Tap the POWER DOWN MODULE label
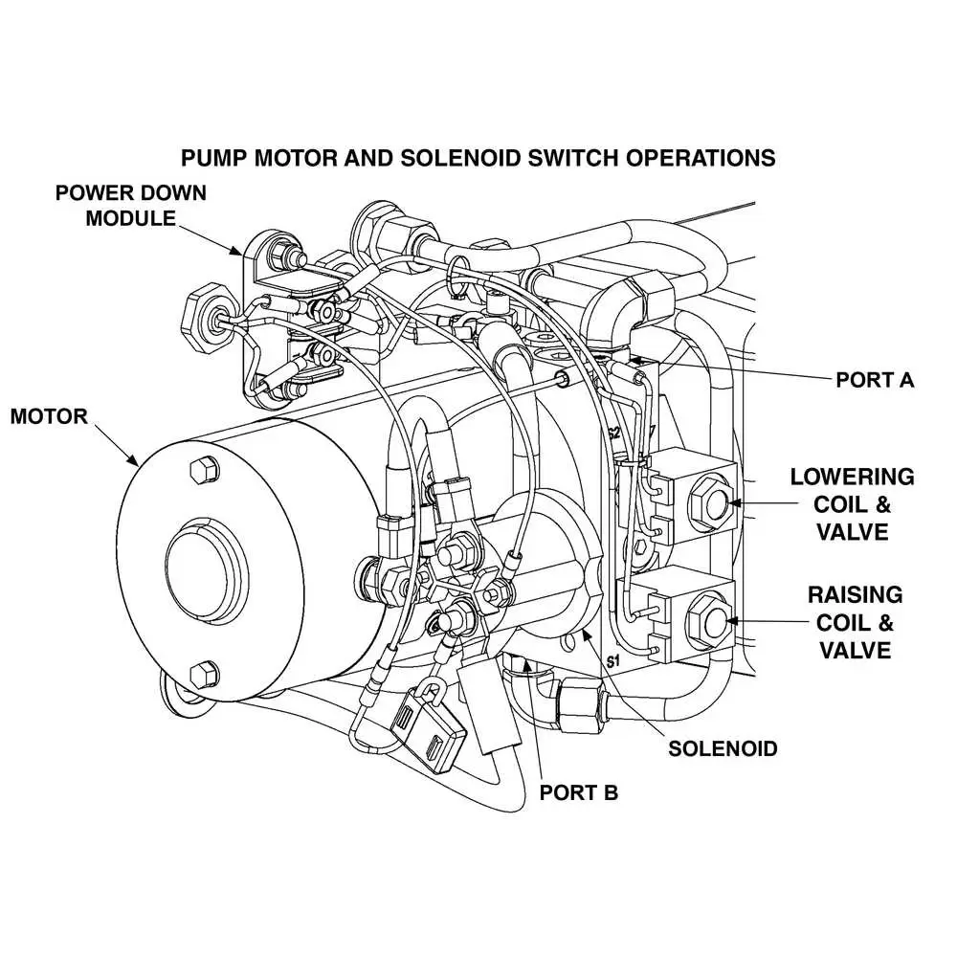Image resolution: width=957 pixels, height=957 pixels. point(131,205)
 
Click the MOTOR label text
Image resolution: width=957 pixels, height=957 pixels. point(49,417)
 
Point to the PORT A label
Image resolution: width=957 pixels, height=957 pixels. point(875,380)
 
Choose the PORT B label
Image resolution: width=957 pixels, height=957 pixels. point(579,792)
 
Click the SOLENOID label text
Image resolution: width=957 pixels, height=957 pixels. point(723,747)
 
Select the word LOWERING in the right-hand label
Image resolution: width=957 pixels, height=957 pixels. point(852,477)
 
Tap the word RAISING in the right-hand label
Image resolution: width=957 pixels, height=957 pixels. point(855,595)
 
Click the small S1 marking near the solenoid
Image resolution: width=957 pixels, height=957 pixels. point(613,661)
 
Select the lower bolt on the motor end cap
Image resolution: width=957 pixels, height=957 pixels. point(201,674)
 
